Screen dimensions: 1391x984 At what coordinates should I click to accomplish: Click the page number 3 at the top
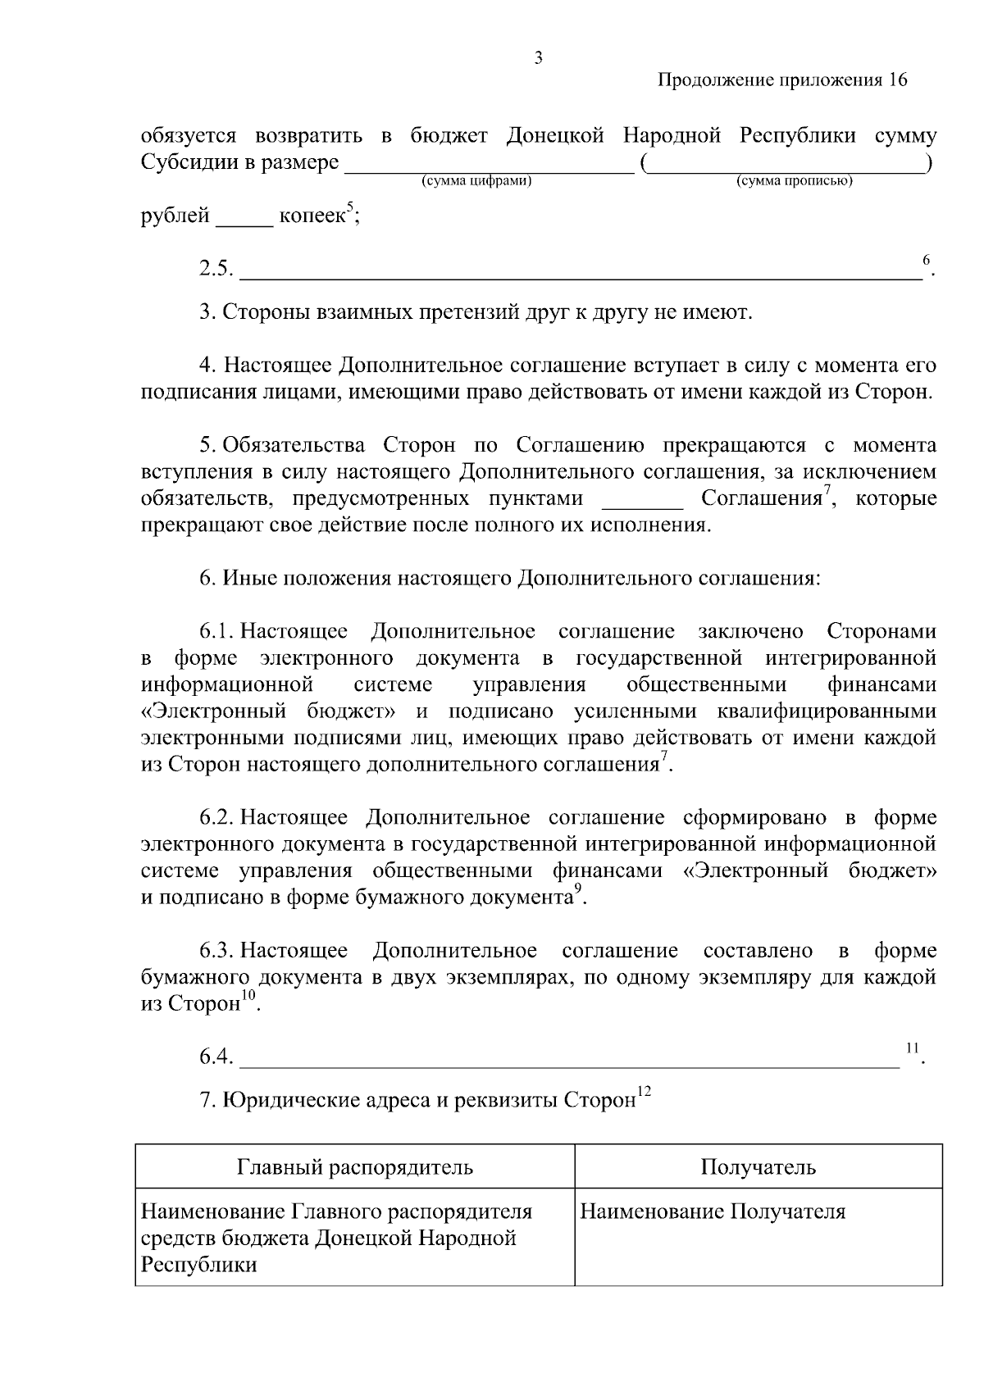pos(538,57)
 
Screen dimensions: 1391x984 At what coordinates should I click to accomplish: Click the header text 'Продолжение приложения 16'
pos(783,80)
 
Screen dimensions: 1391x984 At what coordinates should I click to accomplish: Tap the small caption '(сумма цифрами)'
pos(476,180)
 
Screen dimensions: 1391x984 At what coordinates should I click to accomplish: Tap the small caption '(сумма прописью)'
pos(794,180)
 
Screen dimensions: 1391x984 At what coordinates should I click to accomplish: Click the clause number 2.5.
pos(216,268)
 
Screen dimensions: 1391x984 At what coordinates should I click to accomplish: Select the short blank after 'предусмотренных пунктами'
pos(642,499)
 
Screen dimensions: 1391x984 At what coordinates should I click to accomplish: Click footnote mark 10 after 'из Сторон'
pos(248,997)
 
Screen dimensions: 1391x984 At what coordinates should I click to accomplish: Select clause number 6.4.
pos(216,1057)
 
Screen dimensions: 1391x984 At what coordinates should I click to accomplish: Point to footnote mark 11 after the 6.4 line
pos(910,1048)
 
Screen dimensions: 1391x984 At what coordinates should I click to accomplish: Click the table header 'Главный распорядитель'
pos(354,1166)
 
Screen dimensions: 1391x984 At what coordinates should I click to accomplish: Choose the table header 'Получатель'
pos(758,1166)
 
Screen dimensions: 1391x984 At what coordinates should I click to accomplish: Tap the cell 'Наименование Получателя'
pos(712,1211)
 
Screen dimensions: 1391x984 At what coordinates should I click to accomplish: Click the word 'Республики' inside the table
pos(199,1265)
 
